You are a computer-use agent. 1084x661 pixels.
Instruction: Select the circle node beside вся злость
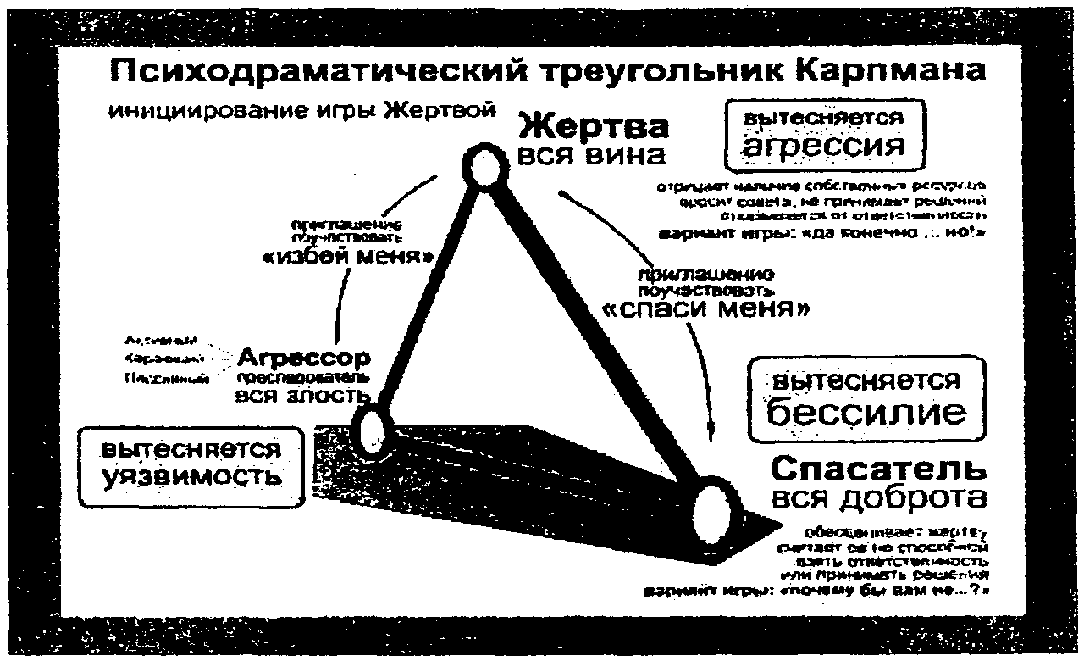click(x=373, y=430)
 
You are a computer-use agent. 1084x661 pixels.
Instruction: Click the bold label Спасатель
click(x=879, y=469)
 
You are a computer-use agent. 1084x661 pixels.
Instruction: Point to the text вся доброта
click(x=879, y=497)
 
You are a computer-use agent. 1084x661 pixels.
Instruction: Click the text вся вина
click(x=593, y=156)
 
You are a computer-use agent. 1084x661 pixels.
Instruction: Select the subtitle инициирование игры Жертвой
click(x=301, y=111)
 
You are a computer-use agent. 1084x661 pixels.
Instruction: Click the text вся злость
click(x=301, y=395)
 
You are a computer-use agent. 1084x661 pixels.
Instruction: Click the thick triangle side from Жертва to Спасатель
click(x=593, y=330)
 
